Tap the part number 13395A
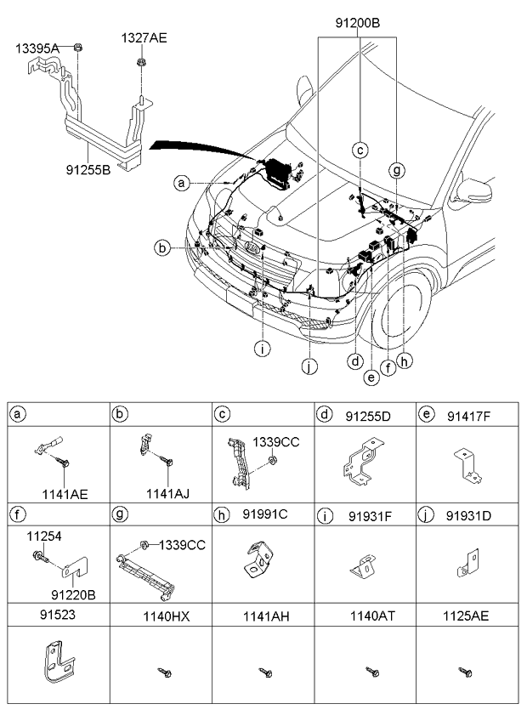(x=37, y=49)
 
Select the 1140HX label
(x=160, y=614)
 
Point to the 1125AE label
(x=467, y=614)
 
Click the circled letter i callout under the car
(x=264, y=349)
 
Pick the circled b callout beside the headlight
(x=160, y=247)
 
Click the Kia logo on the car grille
(x=253, y=251)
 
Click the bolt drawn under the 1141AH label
(x=265, y=673)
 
